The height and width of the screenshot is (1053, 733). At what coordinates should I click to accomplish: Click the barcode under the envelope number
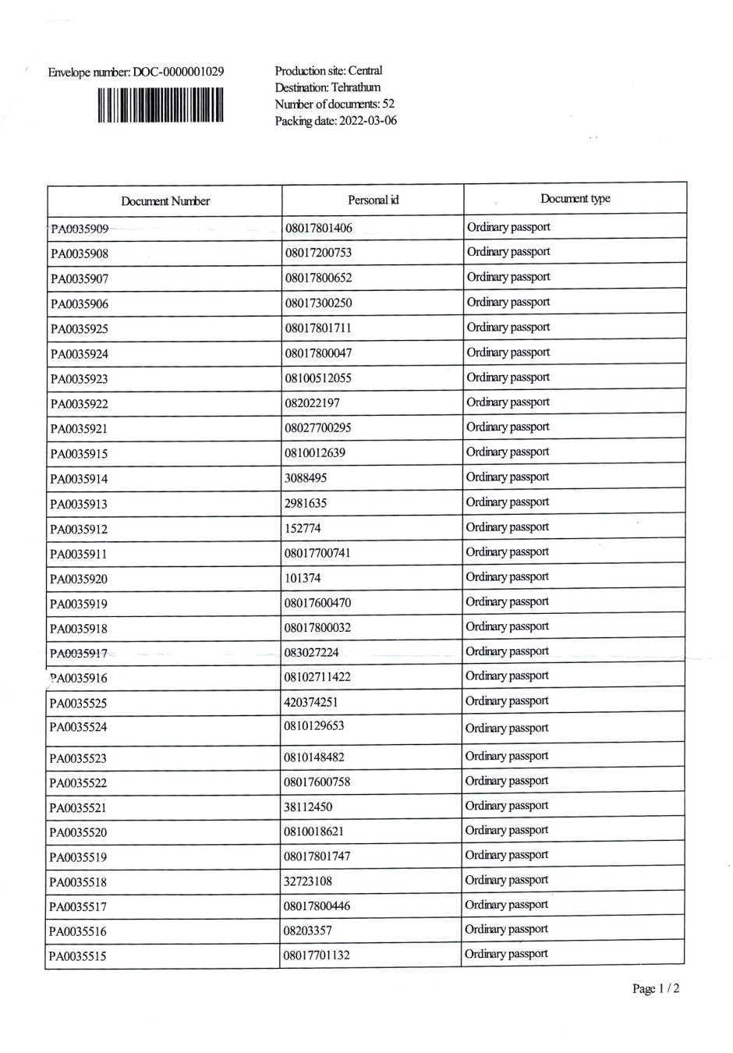[x=161, y=105]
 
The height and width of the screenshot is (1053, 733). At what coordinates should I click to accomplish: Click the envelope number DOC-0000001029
[x=136, y=73]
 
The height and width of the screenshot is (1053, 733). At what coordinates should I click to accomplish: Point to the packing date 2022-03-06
[x=335, y=121]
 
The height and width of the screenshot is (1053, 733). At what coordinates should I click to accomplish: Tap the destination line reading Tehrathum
[x=328, y=87]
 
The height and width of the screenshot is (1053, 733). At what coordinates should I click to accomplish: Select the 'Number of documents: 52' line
[x=335, y=104]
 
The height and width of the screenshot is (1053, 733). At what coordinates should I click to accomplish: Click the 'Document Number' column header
[x=165, y=201]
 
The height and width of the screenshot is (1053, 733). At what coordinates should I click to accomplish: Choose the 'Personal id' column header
[x=373, y=200]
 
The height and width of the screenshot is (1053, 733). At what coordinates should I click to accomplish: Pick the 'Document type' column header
[x=575, y=198]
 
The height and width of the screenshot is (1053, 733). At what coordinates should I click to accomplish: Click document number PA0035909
[x=80, y=229]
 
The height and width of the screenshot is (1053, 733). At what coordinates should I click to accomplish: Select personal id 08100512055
[x=318, y=378]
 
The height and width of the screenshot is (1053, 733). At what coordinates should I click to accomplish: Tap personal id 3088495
[x=306, y=478]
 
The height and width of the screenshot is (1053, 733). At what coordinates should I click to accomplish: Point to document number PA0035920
[x=79, y=579]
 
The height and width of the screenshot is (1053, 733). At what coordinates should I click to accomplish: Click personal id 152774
[x=303, y=528]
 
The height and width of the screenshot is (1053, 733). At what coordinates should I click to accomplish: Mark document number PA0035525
[x=79, y=704]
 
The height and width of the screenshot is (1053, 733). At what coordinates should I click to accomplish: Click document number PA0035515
[x=78, y=956]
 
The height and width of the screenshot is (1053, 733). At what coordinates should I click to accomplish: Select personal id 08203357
[x=308, y=931]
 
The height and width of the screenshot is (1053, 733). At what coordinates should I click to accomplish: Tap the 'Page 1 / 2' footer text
[x=656, y=989]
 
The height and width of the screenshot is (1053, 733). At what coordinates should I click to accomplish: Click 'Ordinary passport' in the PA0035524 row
[x=507, y=729]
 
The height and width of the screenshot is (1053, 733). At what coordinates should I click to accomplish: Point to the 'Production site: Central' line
[x=328, y=71]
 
